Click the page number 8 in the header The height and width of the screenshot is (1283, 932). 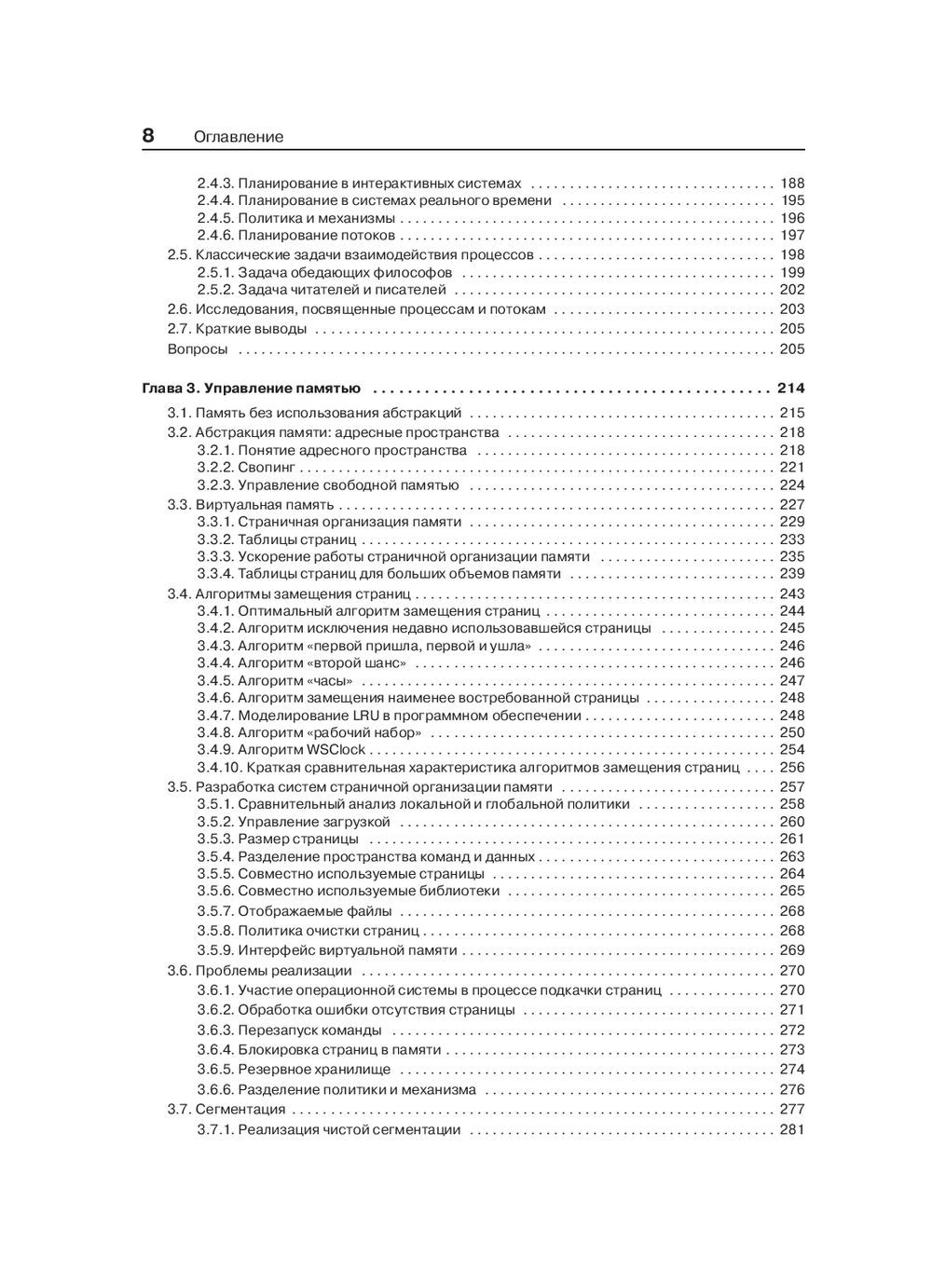tap(148, 135)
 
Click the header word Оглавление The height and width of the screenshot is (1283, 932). tap(239, 137)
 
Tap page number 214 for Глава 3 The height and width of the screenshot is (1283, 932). tap(790, 389)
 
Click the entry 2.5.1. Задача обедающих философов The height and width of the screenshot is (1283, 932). tap(324, 273)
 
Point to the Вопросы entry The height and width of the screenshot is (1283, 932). tap(198, 349)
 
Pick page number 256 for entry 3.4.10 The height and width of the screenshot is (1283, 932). tap(791, 768)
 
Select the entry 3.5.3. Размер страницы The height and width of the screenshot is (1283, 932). tap(278, 839)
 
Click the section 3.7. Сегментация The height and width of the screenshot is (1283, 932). tap(226, 1110)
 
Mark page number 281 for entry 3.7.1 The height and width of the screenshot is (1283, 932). tap(791, 1130)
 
